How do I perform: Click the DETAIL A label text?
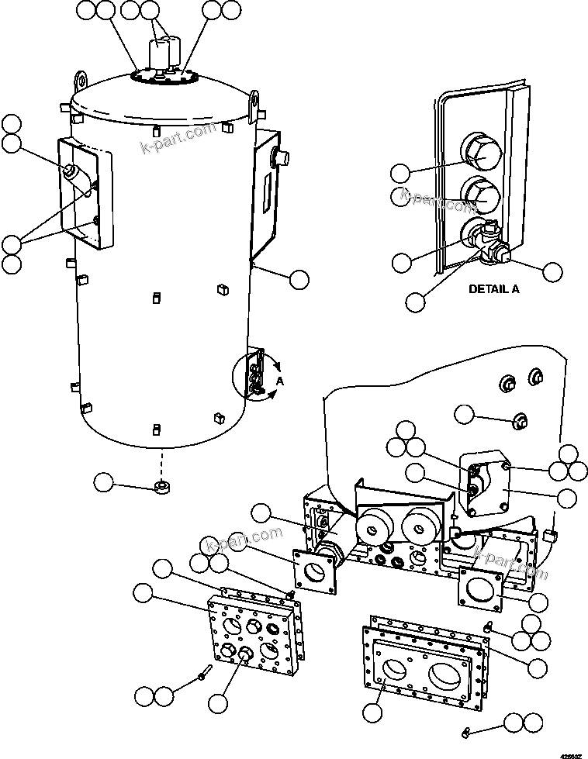pos(493,288)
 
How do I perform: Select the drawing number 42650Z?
pos(570,751)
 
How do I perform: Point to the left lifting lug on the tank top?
pos(80,80)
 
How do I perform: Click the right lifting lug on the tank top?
pos(253,99)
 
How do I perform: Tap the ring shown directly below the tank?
pos(162,487)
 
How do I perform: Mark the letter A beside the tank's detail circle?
pos(279,381)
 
